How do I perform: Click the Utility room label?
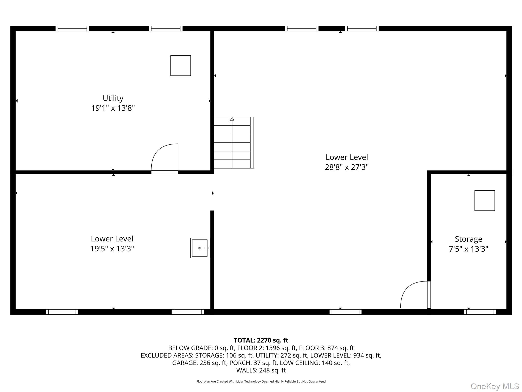tap(113, 98)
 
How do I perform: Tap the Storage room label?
tap(468, 239)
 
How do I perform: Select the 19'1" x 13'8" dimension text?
tap(113, 108)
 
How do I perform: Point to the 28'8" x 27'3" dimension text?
tap(347, 167)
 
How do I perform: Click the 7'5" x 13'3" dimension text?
tap(468, 249)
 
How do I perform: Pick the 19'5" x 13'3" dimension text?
tap(112, 249)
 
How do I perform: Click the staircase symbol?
tap(234, 142)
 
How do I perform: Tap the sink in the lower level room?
tap(200, 248)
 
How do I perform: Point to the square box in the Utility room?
tap(181, 66)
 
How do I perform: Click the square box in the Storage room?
tap(485, 201)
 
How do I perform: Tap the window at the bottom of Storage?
tap(480, 312)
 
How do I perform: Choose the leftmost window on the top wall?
tap(72, 29)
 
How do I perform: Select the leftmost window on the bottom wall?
tap(62, 312)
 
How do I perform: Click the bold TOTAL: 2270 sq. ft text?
tap(261, 340)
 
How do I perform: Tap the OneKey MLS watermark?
tap(495, 386)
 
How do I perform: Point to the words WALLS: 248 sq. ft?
tap(261, 370)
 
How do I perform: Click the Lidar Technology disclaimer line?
tap(261, 382)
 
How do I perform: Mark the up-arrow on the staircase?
tap(232, 119)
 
